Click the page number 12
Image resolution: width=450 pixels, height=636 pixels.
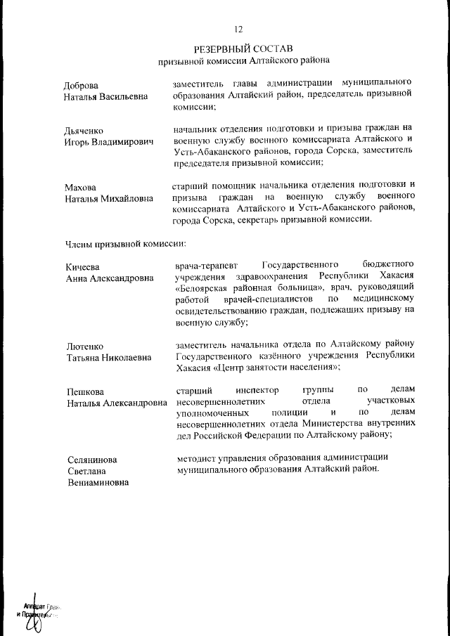point(238,29)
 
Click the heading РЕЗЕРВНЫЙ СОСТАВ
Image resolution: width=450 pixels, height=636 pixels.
point(238,49)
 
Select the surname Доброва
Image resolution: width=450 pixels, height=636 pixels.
point(82,84)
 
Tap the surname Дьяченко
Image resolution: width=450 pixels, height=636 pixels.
point(85,130)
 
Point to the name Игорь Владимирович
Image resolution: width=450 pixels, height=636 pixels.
point(109,141)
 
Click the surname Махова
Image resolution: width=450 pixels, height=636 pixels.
point(80,187)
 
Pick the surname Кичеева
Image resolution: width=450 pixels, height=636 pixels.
point(83,266)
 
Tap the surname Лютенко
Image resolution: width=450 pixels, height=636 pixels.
point(84,346)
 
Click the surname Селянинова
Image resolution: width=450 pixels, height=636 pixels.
point(92,460)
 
